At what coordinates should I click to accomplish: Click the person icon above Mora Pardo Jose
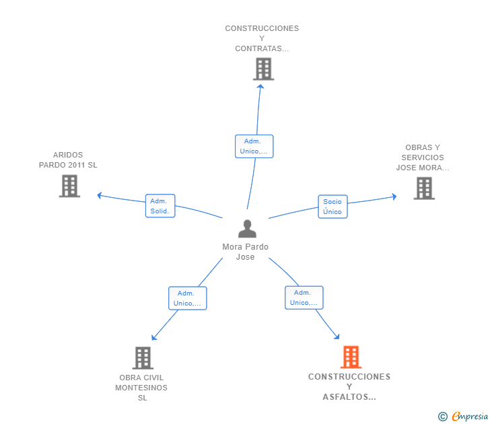247,229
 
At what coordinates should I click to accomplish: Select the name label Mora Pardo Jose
245,252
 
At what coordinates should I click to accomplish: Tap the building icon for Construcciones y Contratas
263,69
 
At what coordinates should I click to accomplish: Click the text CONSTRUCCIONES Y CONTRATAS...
262,38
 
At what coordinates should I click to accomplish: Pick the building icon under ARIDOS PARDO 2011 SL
69,186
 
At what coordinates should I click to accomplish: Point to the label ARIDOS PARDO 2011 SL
68,160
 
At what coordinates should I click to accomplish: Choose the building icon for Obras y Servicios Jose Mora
424,188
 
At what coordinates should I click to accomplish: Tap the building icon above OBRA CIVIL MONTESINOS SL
143,357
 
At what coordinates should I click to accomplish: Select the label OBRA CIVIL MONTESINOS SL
141,388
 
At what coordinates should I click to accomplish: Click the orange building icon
351,357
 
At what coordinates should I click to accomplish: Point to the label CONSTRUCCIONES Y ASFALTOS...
349,387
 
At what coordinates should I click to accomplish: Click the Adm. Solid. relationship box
160,206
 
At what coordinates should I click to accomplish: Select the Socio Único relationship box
332,207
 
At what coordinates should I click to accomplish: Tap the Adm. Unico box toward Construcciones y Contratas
254,146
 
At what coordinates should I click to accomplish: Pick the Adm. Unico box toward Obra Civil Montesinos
187,298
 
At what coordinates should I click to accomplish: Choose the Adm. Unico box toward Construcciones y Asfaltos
304,297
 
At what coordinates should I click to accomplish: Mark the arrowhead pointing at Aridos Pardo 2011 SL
99,195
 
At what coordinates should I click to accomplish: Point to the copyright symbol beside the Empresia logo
443,417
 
